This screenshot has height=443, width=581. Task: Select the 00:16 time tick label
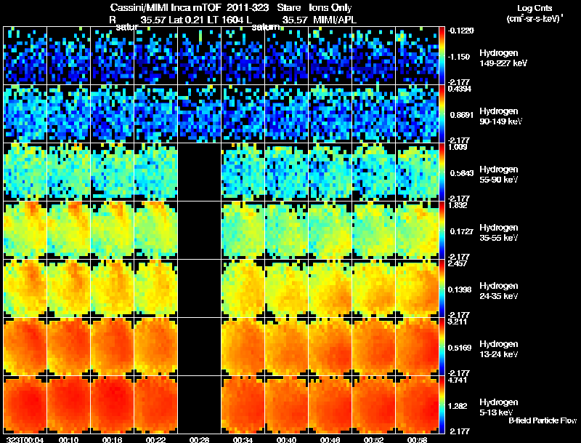(x=113, y=439)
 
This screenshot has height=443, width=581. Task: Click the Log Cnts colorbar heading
(x=533, y=7)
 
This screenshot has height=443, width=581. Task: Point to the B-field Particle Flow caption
(x=542, y=421)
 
